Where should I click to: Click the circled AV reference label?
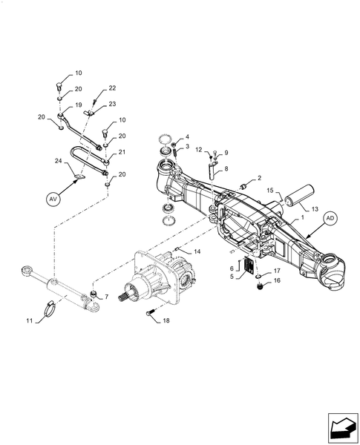[x=52, y=199]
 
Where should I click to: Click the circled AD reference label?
[x=330, y=218]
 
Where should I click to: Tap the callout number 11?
[x=29, y=320]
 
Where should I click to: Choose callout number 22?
[x=112, y=88]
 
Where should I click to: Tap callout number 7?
[x=107, y=297]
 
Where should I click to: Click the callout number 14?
[x=197, y=251]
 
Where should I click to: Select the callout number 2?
[x=260, y=179]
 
